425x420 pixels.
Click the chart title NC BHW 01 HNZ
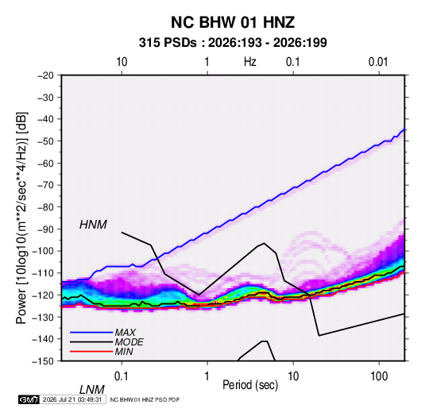click(233, 22)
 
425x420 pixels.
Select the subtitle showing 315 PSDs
click(233, 43)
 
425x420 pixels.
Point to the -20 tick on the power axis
click(45, 75)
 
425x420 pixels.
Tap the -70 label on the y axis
click(45, 185)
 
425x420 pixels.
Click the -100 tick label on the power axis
click(43, 251)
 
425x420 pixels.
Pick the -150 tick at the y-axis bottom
click(43, 361)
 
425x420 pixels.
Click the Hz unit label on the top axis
click(250, 62)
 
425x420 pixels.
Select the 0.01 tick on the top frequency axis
click(378, 62)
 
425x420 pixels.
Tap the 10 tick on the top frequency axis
click(122, 62)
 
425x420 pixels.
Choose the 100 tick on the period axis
click(379, 376)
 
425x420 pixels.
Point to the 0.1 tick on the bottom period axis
click(122, 376)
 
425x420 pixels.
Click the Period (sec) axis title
click(250, 385)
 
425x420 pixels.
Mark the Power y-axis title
click(21, 218)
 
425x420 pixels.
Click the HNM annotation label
click(93, 225)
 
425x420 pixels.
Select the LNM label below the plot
click(91, 390)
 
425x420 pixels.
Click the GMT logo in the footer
click(29, 399)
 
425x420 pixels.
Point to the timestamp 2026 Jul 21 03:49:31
click(72, 399)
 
